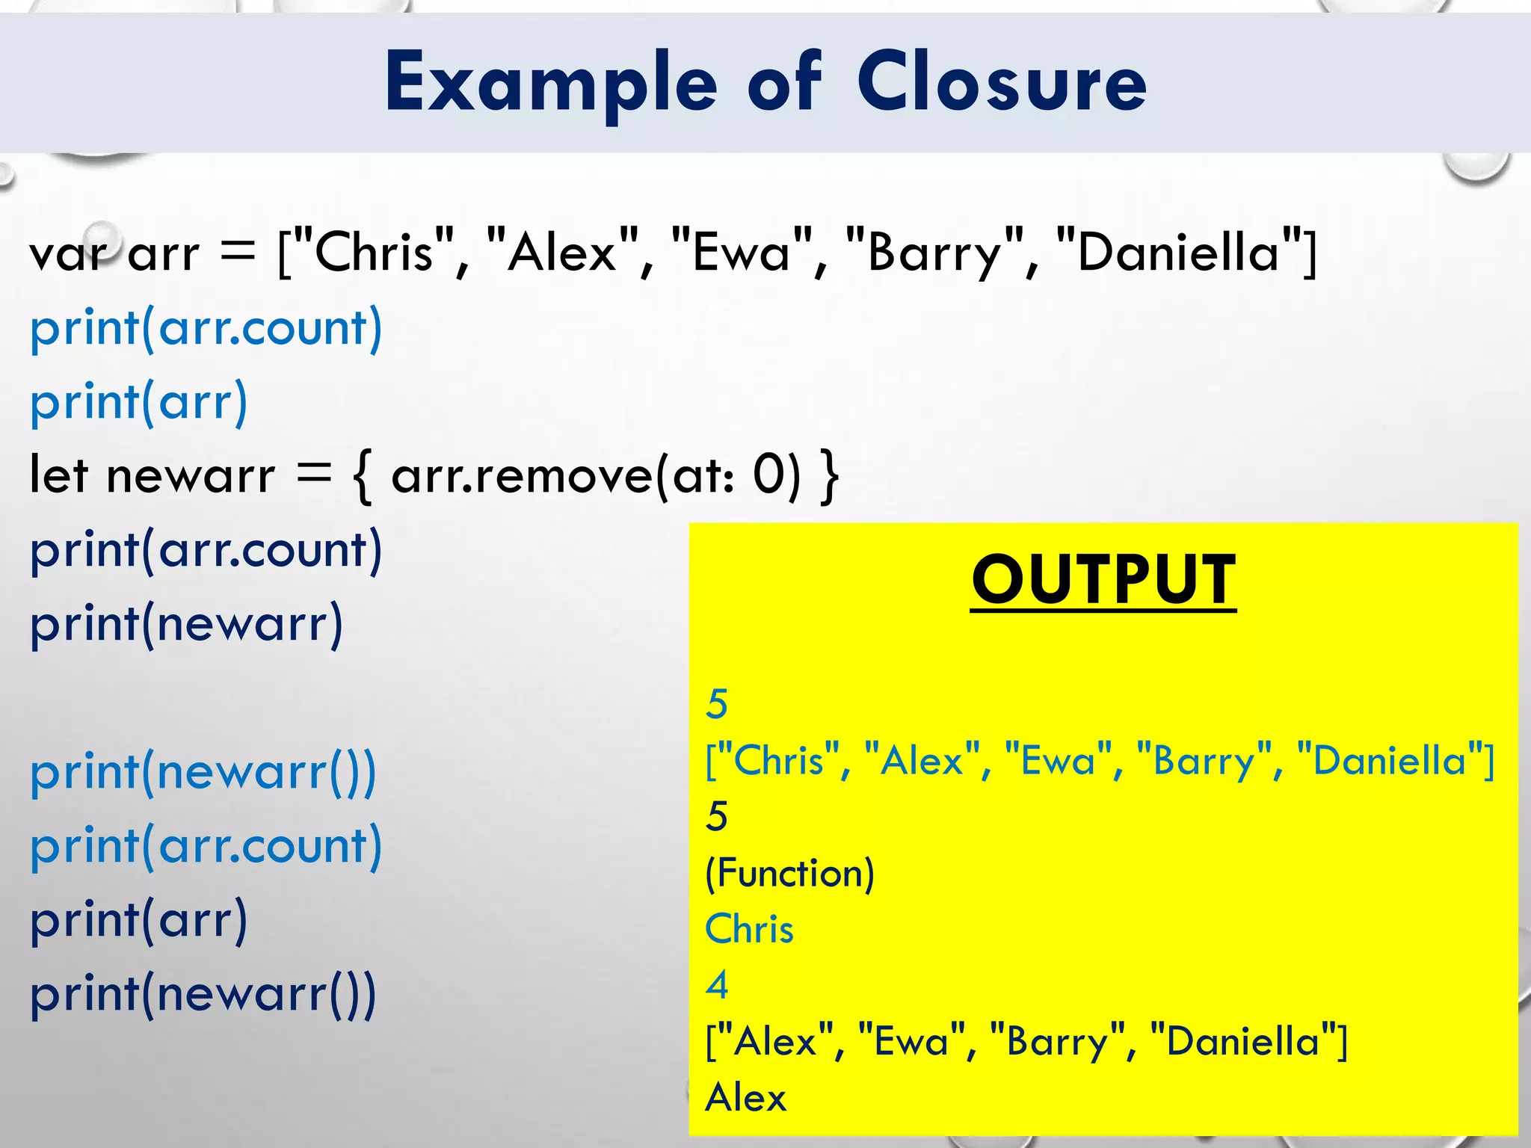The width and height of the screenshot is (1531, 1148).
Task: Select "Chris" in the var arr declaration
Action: (374, 253)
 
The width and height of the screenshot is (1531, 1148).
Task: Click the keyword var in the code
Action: (68, 254)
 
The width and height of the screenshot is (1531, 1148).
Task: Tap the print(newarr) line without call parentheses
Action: (186, 623)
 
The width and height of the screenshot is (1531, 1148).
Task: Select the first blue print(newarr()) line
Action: (203, 771)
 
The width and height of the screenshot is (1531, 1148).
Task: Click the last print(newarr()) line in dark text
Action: (203, 994)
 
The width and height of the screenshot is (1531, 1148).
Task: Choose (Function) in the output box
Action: (789, 873)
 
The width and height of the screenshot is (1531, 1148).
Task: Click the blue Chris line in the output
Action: (749, 929)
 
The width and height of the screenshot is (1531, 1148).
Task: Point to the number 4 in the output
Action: (717, 985)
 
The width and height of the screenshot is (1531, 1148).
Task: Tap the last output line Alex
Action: (746, 1098)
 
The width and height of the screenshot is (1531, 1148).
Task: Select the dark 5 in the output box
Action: (717, 816)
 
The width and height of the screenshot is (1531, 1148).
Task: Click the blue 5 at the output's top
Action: (717, 704)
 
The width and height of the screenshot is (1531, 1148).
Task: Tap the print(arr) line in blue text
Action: (138, 402)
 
